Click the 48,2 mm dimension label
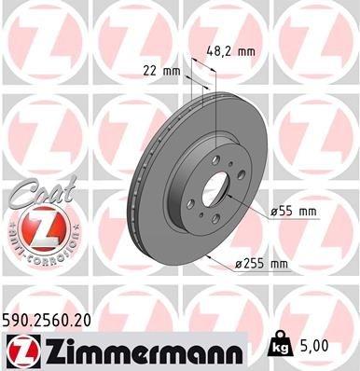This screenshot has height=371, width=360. tap(234, 52)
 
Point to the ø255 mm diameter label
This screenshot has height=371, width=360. tap(265, 265)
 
